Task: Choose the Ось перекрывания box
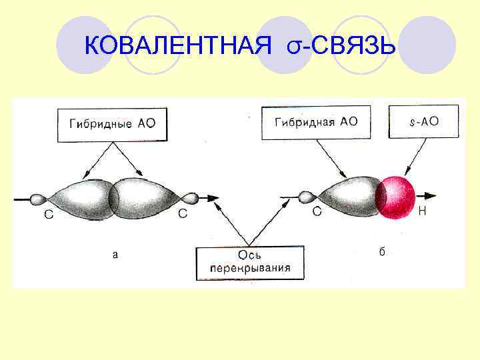pyautogui.click(x=249, y=263)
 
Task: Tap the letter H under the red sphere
pyautogui.click(x=421, y=213)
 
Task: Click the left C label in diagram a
pyautogui.click(x=48, y=215)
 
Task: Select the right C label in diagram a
pyautogui.click(x=183, y=214)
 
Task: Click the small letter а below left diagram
pyautogui.click(x=115, y=253)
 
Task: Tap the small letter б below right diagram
pyautogui.click(x=382, y=251)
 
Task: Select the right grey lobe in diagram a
pyautogui.click(x=147, y=199)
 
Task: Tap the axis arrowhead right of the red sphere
pyautogui.click(x=431, y=196)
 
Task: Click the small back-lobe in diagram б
pyautogui.click(x=307, y=197)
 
